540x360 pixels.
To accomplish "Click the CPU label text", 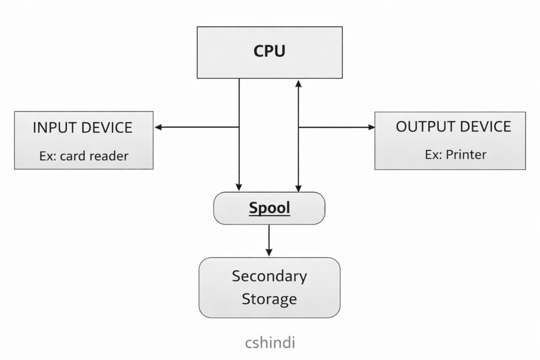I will tap(269, 51).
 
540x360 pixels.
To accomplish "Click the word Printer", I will tap(466, 154).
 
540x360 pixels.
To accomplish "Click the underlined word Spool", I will tap(269, 208).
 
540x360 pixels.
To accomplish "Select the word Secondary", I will tap(269, 276).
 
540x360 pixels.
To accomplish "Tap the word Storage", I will tap(269, 299).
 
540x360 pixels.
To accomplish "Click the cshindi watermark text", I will tap(269, 343).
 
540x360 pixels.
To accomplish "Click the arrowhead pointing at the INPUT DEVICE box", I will tap(158, 127).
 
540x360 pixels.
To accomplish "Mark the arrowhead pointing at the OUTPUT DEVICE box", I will tap(371, 127).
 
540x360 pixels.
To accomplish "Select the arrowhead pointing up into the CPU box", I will tap(298, 83).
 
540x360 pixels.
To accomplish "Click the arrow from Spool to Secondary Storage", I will tap(269, 240).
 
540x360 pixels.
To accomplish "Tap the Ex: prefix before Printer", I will tap(433, 154).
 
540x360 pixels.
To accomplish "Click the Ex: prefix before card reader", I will tap(49, 156).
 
